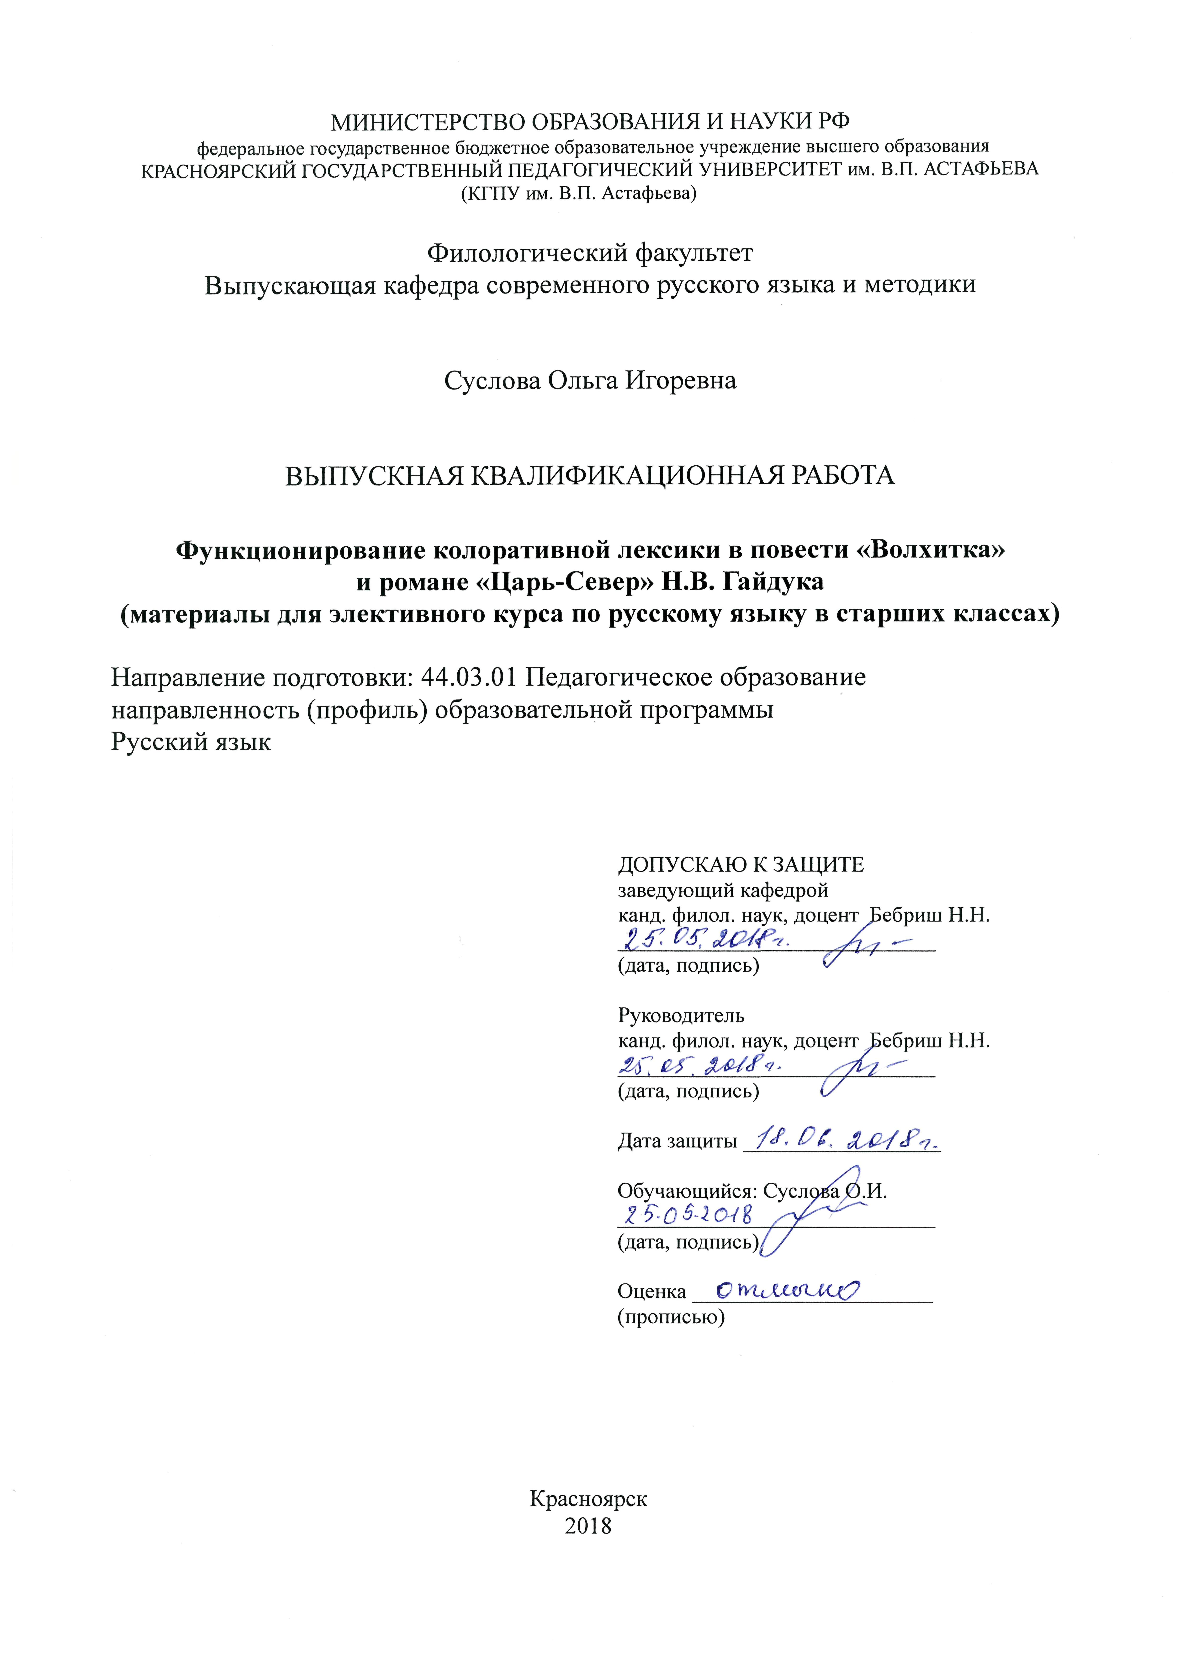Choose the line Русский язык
[x=191, y=742]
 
